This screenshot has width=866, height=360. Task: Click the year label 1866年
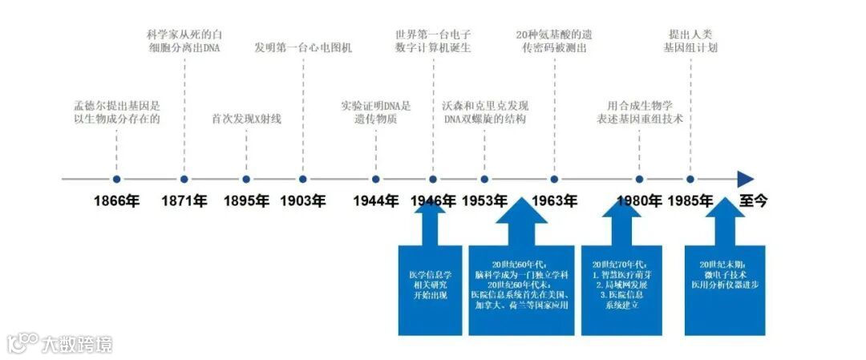[116, 200]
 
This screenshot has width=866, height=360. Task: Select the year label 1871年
[184, 200]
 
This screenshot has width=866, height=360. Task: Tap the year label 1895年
[246, 200]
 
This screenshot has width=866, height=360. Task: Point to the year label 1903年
[303, 200]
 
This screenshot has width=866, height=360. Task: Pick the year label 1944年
[375, 200]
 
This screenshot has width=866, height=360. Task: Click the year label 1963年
[554, 200]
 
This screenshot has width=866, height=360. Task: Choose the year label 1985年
[690, 200]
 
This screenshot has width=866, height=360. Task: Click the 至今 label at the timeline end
[753, 200]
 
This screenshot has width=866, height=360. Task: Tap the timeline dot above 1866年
[116, 180]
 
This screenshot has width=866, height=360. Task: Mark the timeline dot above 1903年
[303, 180]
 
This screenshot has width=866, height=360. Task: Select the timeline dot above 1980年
[639, 180]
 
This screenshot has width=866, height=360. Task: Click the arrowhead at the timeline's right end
[746, 180]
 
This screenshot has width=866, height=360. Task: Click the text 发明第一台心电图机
[303, 47]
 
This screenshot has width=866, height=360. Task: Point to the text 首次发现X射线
[246, 119]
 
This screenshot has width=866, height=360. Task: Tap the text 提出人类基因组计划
[690, 41]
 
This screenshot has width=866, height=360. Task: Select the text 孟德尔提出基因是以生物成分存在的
[116, 112]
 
